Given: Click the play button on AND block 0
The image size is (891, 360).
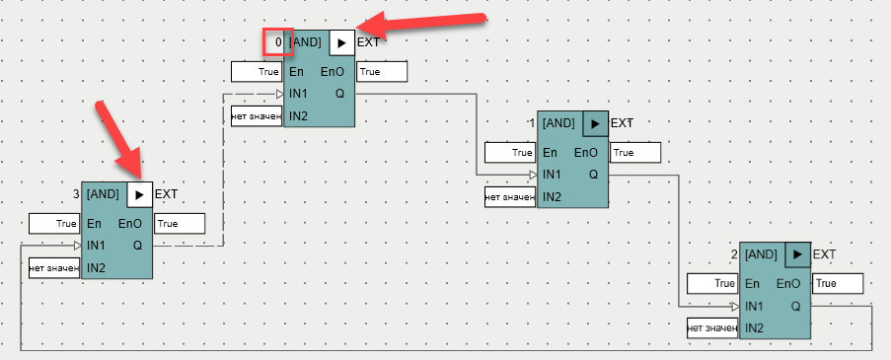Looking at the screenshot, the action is pos(342,42).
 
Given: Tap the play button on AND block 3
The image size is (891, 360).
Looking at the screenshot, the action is pos(140,194).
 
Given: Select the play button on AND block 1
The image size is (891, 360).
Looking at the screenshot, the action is pos(596,123).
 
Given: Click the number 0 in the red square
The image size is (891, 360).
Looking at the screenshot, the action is pos(278,42).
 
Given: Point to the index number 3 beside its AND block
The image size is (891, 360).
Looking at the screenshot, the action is pos(76,194).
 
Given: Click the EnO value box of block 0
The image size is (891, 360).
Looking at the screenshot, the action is pos(382,72).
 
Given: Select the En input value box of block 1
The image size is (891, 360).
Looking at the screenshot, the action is pos(510,153).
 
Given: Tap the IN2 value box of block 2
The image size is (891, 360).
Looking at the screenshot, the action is pos(712,327).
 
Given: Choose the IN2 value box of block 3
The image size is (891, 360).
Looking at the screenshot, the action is pos(54,267).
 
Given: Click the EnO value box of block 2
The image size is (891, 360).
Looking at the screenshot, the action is pos(838,283).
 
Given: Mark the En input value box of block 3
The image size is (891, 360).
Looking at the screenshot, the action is pos(54,224).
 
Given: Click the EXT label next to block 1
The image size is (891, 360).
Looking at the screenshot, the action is pos(622,123).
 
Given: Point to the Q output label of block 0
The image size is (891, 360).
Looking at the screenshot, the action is pos(339,94).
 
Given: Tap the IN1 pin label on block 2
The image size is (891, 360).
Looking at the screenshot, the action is pos(754,307).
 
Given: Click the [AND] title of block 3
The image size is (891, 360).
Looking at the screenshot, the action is pos(103,194).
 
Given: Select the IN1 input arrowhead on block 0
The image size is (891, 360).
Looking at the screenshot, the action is pos(279,94).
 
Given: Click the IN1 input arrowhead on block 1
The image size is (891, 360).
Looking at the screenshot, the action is pos(533,175).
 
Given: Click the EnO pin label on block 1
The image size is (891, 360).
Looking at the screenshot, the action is pos(586,153).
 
